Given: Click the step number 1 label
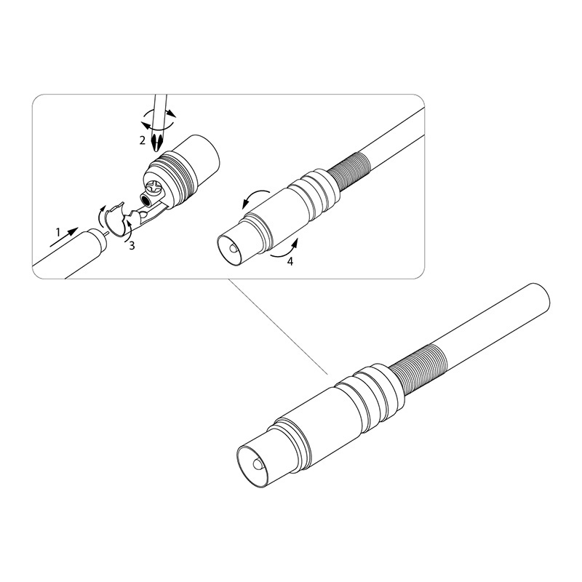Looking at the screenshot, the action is click(58, 232).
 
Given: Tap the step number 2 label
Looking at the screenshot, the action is click(142, 140).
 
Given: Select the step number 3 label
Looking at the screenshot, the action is click(132, 246).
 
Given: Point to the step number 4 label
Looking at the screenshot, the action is click(290, 262).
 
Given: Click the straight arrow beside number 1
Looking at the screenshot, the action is click(64, 237).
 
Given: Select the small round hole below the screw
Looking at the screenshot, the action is click(148, 201).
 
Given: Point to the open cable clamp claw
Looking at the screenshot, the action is click(118, 219).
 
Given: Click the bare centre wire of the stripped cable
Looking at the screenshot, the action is click(105, 234).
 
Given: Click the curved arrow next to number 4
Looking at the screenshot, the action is click(284, 249).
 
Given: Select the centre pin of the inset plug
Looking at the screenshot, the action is click(232, 247).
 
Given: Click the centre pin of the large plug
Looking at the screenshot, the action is click(257, 464).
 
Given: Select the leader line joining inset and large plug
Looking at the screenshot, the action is click(279, 326).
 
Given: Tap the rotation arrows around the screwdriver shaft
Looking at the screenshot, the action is click(159, 119).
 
